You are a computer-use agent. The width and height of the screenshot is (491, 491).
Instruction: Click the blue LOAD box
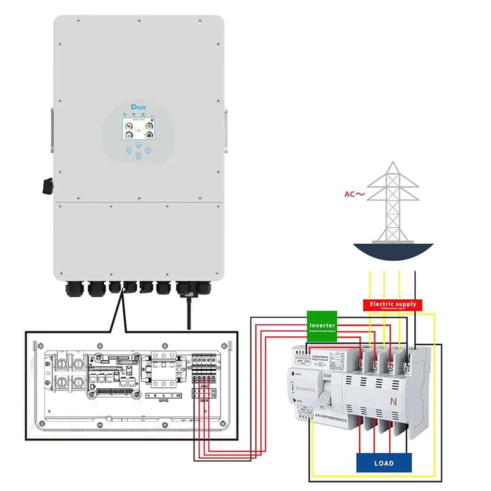tap(384, 462)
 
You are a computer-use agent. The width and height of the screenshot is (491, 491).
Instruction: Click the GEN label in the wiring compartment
tap(205, 400)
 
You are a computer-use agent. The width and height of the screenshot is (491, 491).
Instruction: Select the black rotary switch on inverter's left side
tap(47, 185)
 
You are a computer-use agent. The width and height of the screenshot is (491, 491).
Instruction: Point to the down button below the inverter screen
tap(139, 157)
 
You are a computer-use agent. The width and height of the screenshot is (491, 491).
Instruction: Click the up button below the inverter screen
tap(139, 144)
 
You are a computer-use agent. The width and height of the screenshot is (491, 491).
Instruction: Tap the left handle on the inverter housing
tap(51, 125)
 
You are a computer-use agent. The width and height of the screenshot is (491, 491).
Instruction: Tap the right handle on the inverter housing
tap(226, 125)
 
